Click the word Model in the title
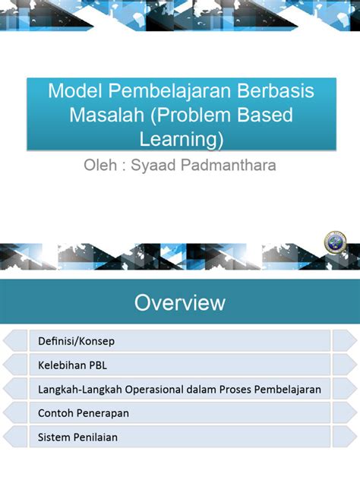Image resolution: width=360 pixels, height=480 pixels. tap(74, 92)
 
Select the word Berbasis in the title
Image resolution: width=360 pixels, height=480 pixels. tap(280, 92)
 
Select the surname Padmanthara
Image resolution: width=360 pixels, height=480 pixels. tap(229, 165)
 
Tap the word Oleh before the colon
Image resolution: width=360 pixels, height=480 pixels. tap(99, 165)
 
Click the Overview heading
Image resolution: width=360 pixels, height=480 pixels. tap(180, 302)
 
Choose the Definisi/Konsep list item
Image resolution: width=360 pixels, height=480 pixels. tap(76, 340)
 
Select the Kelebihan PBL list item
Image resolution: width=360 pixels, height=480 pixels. tap(72, 365)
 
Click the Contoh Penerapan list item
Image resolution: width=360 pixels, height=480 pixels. tap(83, 413)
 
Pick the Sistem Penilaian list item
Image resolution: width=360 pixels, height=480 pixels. tap(77, 437)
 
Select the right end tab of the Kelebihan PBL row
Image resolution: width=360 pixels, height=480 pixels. tap(344, 365)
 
